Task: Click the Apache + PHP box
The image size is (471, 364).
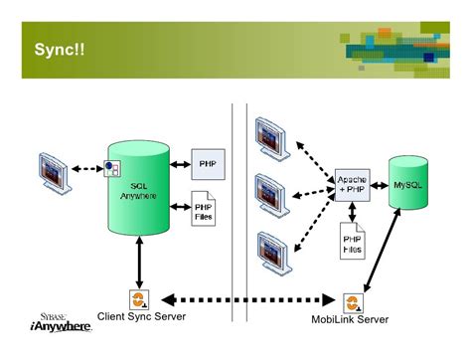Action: pyautogui.click(x=352, y=181)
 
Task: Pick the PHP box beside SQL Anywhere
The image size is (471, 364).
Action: pyautogui.click(x=207, y=161)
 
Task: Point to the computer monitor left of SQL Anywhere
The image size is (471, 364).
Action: pyautogui.click(x=55, y=171)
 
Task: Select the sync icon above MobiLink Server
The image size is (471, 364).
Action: pyautogui.click(x=352, y=301)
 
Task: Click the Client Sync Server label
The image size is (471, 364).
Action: pyautogui.click(x=142, y=317)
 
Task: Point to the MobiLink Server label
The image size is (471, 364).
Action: pyautogui.click(x=350, y=319)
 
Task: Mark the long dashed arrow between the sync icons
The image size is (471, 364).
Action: pyautogui.click(x=244, y=298)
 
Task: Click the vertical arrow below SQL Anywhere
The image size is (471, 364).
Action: pyautogui.click(x=138, y=265)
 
